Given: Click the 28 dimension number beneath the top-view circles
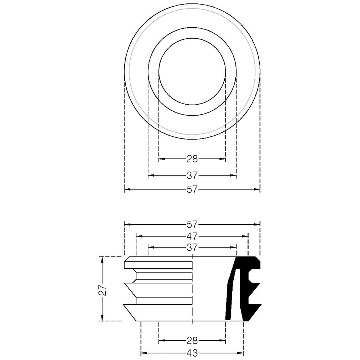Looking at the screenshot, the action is pos(192,159).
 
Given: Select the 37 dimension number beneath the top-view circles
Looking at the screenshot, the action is pos(192,175).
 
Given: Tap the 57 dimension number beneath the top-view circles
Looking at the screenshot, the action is pos(192,189).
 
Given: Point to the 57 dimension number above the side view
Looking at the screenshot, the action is pos(192,224).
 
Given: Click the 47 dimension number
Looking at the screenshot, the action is pos(192,236).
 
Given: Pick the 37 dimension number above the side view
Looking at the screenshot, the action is pos(192,247).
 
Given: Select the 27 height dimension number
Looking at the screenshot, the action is pos(103,290).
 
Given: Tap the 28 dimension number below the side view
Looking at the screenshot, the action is pos(192,341).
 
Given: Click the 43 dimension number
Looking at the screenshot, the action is pos(192,353).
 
